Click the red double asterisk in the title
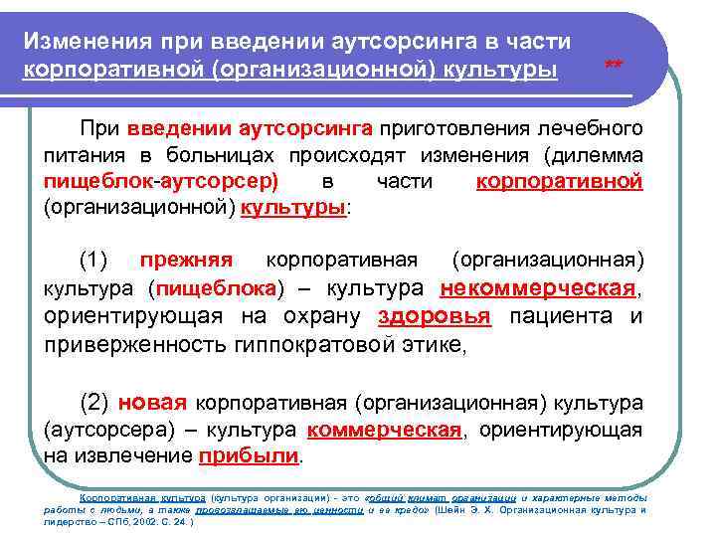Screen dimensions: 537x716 614,66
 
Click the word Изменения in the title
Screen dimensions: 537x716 84,43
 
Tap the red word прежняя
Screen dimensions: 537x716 186,261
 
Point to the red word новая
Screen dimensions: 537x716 151,404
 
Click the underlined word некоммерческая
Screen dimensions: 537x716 536,288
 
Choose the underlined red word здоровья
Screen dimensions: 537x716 435,316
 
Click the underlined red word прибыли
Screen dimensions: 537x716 249,457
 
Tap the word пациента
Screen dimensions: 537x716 556,316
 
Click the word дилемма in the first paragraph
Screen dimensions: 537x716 596,157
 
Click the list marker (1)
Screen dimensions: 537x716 93,261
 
